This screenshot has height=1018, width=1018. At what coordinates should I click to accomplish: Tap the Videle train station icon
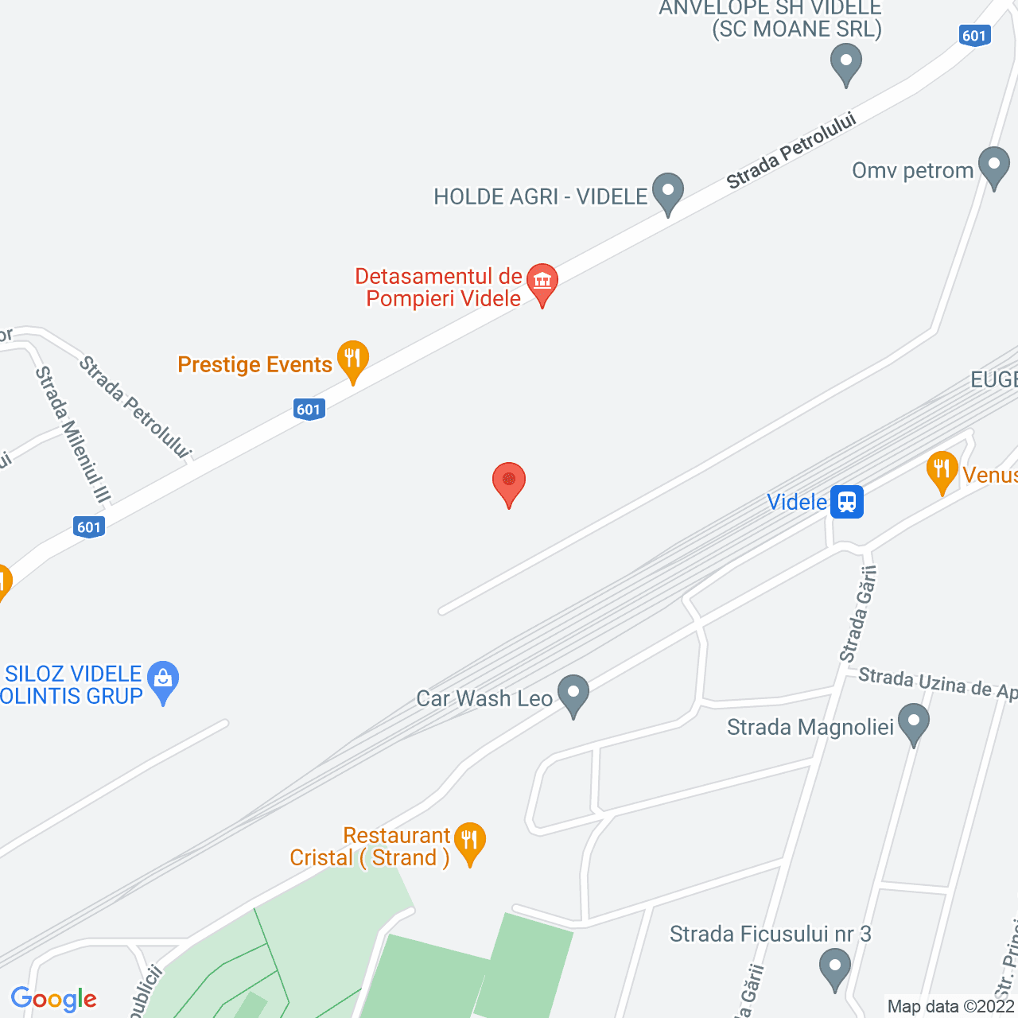[847, 502]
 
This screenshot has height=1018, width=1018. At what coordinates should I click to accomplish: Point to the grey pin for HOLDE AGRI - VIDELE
[668, 192]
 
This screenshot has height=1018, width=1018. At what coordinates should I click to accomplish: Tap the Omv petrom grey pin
[993, 167]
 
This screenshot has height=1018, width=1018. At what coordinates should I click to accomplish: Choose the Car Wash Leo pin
[573, 694]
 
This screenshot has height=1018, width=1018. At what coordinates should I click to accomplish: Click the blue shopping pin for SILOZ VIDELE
[163, 682]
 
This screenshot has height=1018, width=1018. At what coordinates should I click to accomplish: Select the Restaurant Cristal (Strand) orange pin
[470, 842]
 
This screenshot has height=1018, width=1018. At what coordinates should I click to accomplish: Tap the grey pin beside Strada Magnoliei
[914, 724]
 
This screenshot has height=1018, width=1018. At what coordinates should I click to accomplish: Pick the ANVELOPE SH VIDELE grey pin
[846, 63]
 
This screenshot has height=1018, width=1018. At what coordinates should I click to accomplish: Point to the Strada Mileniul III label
[72, 434]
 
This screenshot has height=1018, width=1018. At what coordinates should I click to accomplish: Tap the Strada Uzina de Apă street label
[937, 683]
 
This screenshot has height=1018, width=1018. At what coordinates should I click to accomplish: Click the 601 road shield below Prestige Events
[309, 410]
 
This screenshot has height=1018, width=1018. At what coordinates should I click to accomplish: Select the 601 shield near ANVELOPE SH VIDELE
[974, 35]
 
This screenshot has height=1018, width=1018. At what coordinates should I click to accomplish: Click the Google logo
[53, 999]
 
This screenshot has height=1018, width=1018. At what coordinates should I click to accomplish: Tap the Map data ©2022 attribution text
[951, 1006]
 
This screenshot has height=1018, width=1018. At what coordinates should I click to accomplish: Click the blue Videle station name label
[797, 502]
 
